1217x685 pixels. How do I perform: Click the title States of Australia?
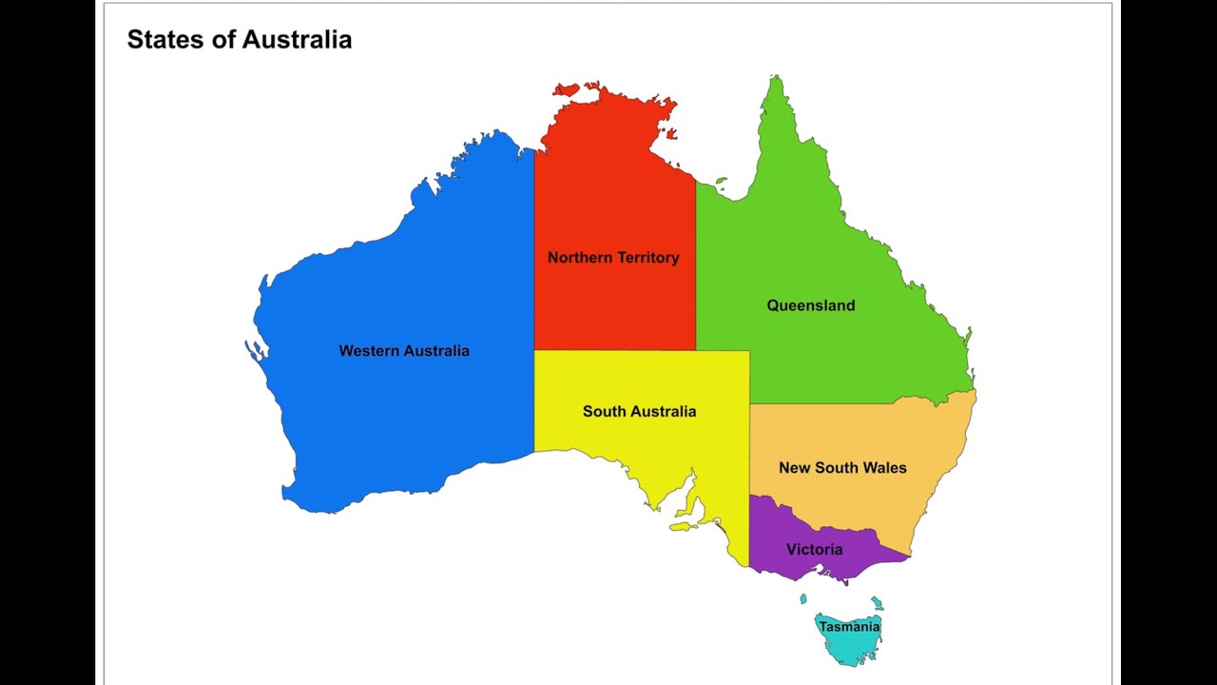pos(240,39)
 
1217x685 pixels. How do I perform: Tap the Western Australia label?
pos(404,351)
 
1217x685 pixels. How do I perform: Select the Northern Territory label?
pos(613,258)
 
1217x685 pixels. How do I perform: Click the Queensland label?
pos(811,305)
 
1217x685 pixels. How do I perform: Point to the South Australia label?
pos(639,412)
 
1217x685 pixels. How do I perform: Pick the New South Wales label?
pos(842,468)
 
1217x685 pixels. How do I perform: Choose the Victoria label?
pos(814,550)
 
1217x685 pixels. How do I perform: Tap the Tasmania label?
pos(849,627)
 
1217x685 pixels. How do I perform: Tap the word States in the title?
pos(159,39)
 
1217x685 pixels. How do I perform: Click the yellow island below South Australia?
pos(684,524)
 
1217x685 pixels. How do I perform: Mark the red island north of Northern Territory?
pos(567,90)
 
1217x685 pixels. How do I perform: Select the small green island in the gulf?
pos(722,180)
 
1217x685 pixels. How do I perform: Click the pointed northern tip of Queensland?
pos(776,81)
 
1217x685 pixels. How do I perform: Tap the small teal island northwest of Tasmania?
pos(803,599)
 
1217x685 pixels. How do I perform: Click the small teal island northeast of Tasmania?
pos(877,603)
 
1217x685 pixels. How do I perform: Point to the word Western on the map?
pos(371,351)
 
